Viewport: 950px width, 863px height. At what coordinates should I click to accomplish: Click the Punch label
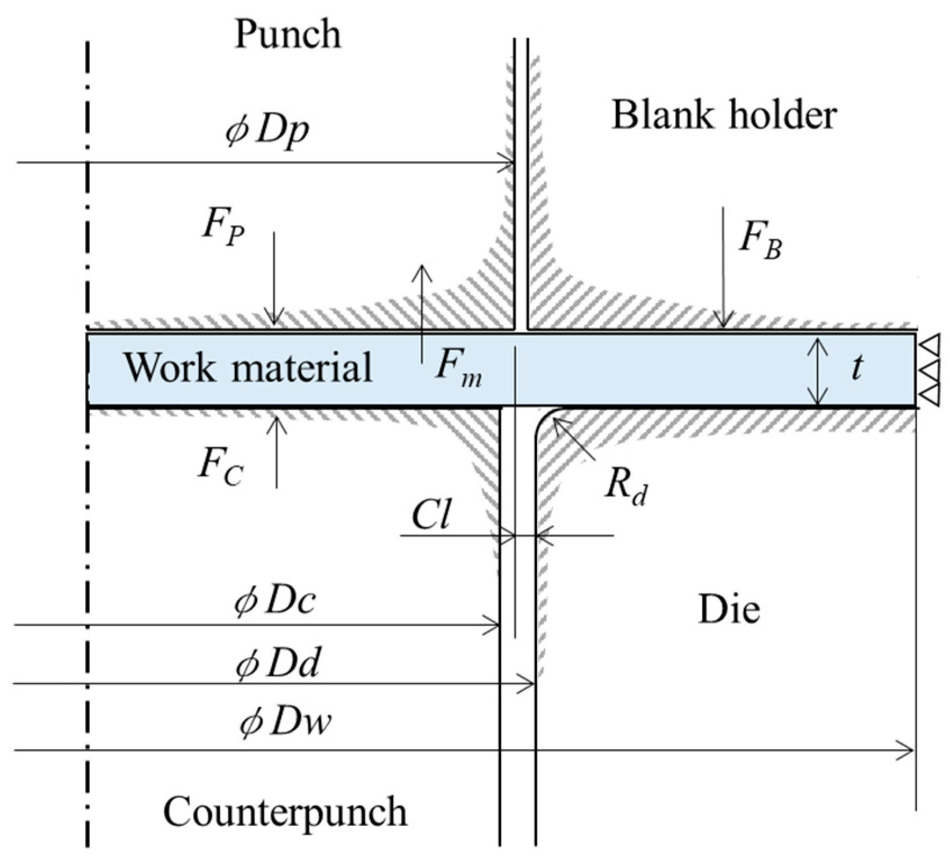288,35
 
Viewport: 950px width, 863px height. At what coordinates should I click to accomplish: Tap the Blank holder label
724,115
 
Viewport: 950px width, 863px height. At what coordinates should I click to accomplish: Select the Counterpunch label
285,812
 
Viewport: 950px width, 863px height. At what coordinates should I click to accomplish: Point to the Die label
729,610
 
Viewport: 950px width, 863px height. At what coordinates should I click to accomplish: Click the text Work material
248,367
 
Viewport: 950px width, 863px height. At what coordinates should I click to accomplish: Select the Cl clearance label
431,515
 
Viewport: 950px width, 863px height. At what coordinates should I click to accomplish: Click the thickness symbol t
856,369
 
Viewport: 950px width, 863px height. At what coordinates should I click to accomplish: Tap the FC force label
220,467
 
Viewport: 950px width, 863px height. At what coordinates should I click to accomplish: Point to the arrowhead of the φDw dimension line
906,750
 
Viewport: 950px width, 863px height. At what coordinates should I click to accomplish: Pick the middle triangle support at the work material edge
930,370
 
